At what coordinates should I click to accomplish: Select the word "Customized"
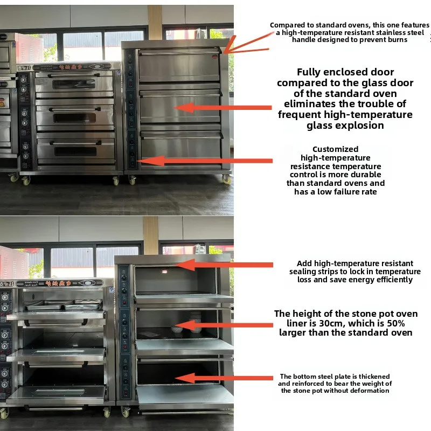[335, 149]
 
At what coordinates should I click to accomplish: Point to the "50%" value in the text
[394, 323]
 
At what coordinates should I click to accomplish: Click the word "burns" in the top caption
[395, 40]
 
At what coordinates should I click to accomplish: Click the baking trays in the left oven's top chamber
[65, 305]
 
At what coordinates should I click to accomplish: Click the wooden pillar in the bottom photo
[151, 235]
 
